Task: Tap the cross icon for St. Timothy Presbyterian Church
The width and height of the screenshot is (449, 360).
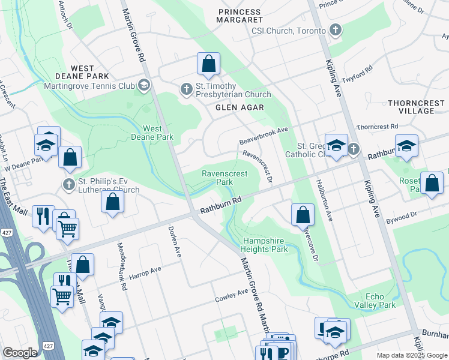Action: pyautogui.click(x=186, y=90)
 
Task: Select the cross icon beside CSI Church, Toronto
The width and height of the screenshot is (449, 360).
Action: pyautogui.click(x=336, y=30)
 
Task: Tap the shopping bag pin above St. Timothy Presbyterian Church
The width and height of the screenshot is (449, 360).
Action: pyautogui.click(x=208, y=64)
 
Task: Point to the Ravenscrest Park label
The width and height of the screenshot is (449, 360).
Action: pyautogui.click(x=224, y=177)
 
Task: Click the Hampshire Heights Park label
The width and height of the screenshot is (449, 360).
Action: pyautogui.click(x=265, y=245)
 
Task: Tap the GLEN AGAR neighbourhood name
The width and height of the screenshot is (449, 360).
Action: pyautogui.click(x=237, y=107)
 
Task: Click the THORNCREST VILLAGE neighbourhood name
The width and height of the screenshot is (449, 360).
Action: pyautogui.click(x=417, y=107)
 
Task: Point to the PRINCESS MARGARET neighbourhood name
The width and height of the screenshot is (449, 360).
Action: pyautogui.click(x=240, y=16)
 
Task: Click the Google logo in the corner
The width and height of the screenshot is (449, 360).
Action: pyautogui.click(x=20, y=353)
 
